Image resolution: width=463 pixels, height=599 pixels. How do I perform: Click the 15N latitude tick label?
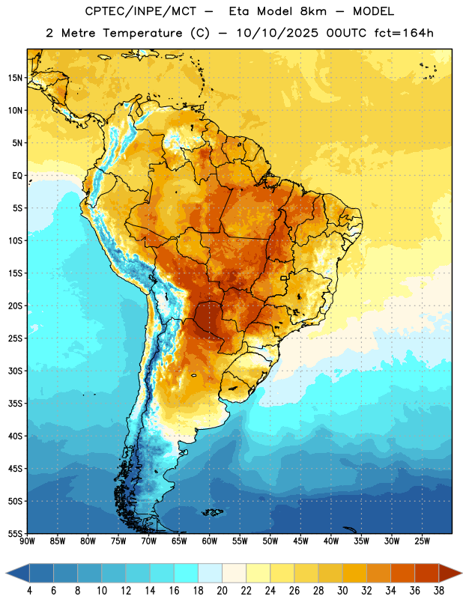click(15, 78)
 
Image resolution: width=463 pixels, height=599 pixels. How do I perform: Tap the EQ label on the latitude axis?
click(17, 176)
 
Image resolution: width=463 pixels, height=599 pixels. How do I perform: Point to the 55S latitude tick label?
click(15, 533)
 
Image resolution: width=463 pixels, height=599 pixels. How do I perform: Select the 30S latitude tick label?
click(15, 371)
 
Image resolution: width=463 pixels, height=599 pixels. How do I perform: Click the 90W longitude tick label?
click(27, 541)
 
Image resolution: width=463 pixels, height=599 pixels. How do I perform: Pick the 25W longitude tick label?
click(422, 541)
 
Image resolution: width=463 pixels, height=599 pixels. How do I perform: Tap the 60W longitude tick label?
click(210, 541)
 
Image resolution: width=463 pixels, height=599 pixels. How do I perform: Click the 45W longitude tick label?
click(300, 541)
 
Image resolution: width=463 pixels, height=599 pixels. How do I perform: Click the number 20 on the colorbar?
click(222, 591)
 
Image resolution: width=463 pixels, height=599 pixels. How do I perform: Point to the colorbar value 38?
click(439, 591)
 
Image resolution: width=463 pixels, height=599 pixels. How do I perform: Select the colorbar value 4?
click(29, 591)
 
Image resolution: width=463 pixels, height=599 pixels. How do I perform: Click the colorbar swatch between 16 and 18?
click(187, 573)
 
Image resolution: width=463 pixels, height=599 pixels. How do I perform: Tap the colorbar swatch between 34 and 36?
click(403, 573)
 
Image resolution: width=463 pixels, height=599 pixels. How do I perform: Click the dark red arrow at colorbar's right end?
click(449, 573)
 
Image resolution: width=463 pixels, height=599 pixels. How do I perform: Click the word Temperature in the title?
click(142, 33)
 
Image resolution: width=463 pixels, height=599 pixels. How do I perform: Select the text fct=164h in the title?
click(404, 33)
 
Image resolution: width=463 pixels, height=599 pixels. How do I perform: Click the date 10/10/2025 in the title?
click(277, 33)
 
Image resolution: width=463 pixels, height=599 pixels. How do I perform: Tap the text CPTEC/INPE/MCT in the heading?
click(141, 11)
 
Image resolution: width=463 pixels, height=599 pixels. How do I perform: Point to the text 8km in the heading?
click(313, 11)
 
